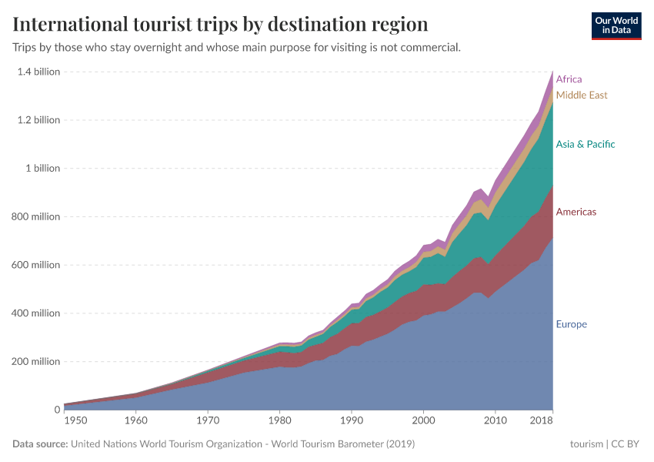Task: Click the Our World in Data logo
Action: point(616,25)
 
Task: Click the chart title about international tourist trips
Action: point(220,24)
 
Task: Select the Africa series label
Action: point(569,79)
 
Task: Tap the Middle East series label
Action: point(582,95)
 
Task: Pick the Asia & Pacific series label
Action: point(586,145)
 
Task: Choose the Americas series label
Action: point(576,212)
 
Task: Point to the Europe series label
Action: point(571,324)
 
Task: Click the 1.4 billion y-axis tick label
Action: point(38,72)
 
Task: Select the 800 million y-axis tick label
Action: point(35,217)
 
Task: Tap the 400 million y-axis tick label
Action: point(35,313)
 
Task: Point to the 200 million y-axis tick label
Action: point(35,362)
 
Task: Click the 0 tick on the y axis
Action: point(56,410)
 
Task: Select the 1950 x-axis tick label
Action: point(75,421)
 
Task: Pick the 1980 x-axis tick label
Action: point(280,421)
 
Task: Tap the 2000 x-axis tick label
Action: point(423,421)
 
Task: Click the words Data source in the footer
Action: point(40,444)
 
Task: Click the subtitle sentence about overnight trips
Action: point(237,48)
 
